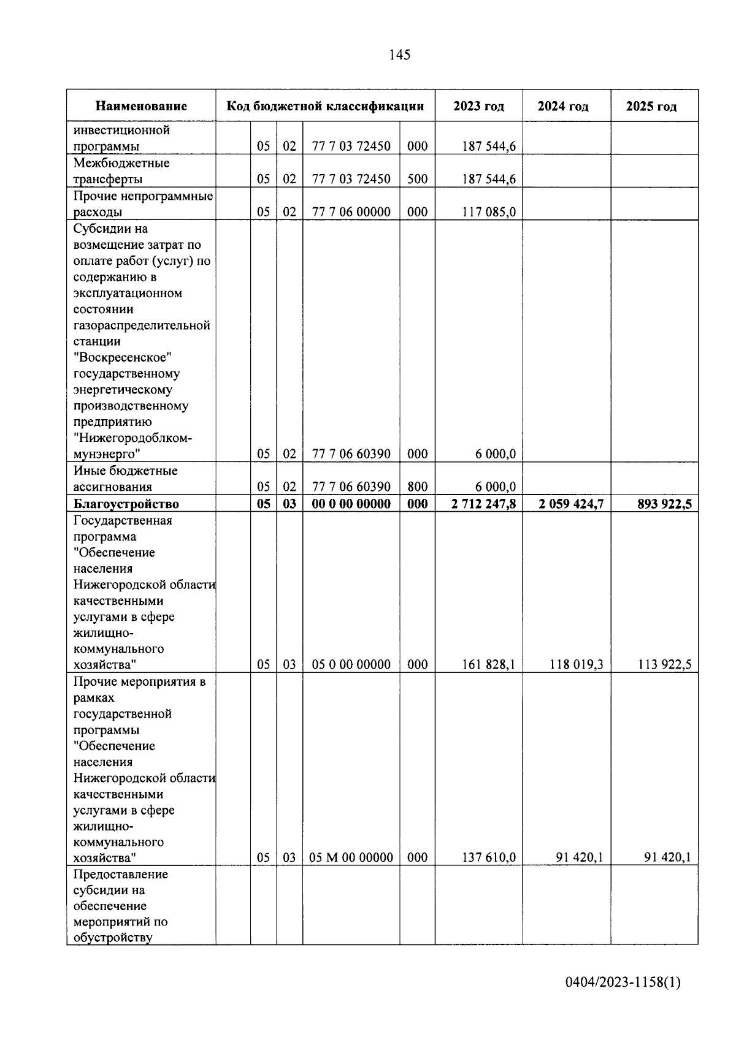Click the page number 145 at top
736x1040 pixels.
click(399, 55)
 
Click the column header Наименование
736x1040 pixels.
click(141, 106)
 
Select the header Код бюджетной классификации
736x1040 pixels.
click(325, 106)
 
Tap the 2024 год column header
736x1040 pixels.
click(563, 106)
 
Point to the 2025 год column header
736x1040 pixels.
click(651, 106)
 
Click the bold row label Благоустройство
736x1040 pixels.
click(126, 504)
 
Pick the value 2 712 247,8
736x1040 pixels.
click(483, 504)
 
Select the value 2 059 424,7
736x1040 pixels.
click(571, 504)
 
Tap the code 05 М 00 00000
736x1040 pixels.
click(351, 857)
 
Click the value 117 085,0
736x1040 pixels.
click(488, 212)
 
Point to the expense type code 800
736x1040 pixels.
click(417, 487)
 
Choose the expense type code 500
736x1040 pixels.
click(417, 180)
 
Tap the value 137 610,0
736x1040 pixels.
click(488, 857)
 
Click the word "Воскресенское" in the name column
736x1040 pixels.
click(122, 357)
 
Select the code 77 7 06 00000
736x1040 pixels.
click(351, 212)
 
